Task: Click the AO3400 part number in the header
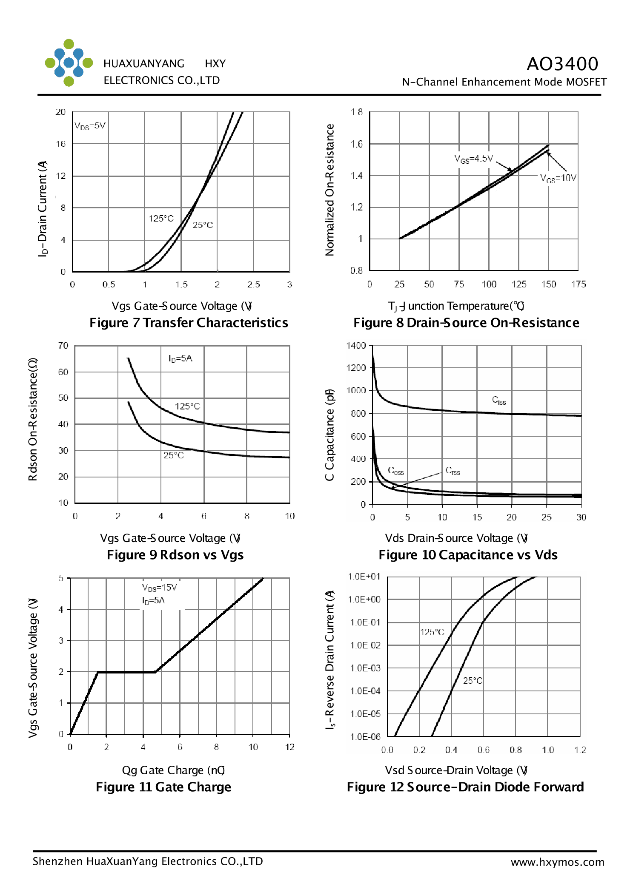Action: [562, 64]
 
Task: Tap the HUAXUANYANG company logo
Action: [69, 63]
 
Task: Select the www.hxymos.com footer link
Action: [557, 862]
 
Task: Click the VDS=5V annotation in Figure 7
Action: [90, 126]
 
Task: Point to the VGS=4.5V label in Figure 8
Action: [473, 159]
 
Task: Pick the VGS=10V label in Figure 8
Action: [558, 178]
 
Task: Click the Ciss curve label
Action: [499, 401]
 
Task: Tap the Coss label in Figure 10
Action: [395, 471]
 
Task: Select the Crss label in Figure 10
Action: [453, 471]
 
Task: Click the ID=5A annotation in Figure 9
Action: [180, 358]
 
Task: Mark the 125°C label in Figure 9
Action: [187, 406]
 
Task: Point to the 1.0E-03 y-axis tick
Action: [365, 668]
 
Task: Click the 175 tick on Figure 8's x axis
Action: [579, 284]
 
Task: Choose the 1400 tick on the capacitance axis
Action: [356, 345]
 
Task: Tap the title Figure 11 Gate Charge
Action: [163, 787]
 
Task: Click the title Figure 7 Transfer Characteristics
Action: [189, 323]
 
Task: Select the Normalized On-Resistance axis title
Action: [330, 190]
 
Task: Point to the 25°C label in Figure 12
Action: [473, 680]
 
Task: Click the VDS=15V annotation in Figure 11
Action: [159, 587]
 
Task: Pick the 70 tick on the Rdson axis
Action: [63, 346]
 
